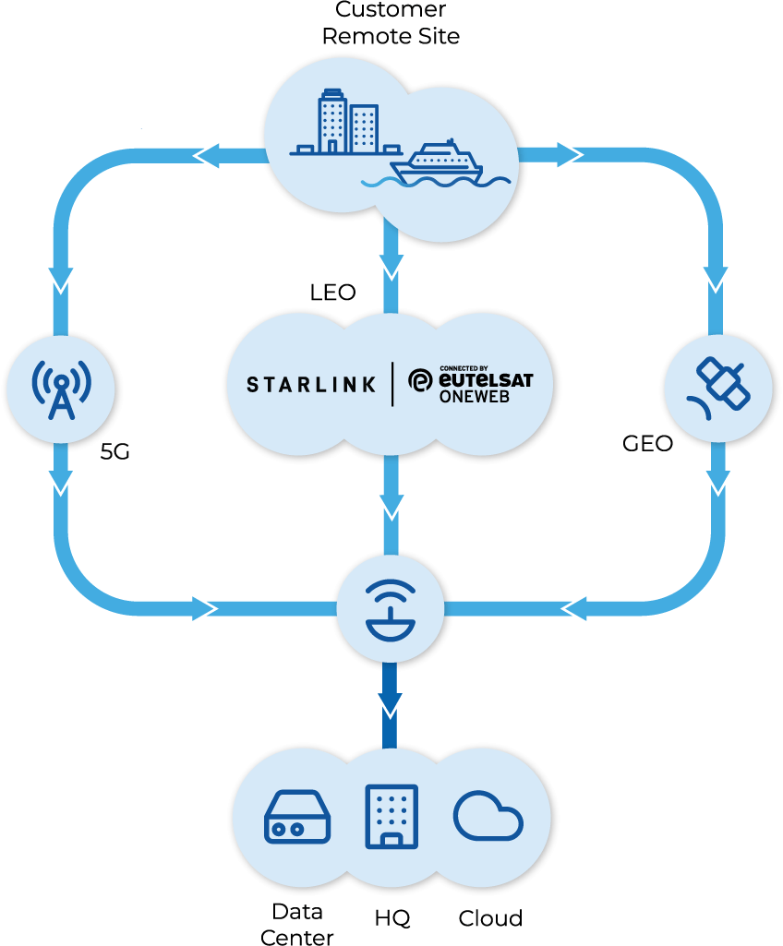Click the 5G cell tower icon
click(x=61, y=388)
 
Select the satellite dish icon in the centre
click(x=391, y=610)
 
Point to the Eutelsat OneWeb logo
click(x=471, y=384)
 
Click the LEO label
click(x=332, y=293)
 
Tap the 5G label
click(x=114, y=453)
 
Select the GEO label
click(x=647, y=444)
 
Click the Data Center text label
click(x=297, y=925)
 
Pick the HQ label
click(x=392, y=918)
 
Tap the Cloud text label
click(x=490, y=918)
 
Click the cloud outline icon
click(x=488, y=816)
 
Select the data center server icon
click(x=297, y=817)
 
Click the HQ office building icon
click(x=391, y=816)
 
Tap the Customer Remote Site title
click(x=391, y=23)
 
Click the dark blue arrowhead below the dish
click(x=391, y=700)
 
